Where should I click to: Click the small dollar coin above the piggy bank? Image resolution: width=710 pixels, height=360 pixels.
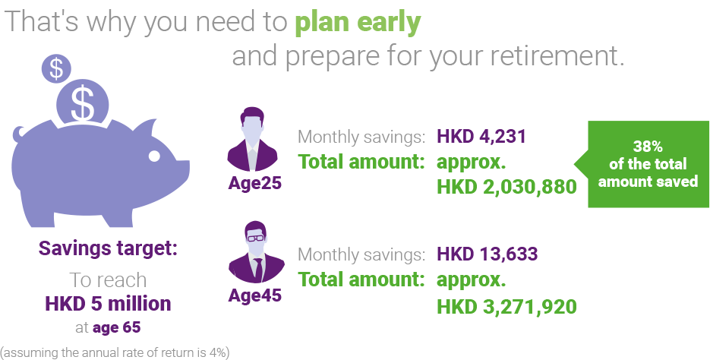click(57, 69)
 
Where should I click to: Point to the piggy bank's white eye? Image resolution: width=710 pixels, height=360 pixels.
click(154, 156)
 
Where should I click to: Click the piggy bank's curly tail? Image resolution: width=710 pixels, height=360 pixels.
click(19, 134)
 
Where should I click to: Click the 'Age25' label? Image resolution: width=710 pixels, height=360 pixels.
click(254, 183)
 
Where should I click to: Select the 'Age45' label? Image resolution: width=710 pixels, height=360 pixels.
click(254, 295)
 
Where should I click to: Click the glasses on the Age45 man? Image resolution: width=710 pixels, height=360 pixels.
click(257, 238)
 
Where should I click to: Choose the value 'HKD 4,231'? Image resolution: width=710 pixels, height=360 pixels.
click(481, 136)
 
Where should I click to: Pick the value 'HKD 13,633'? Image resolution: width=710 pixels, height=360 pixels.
click(488, 254)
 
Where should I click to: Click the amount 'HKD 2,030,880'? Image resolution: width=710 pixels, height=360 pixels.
click(506, 187)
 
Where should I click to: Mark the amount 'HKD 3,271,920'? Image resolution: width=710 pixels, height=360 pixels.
click(506, 306)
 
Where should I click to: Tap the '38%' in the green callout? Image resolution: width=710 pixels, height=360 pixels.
click(648, 147)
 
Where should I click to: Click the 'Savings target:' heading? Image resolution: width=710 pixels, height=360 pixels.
click(108, 248)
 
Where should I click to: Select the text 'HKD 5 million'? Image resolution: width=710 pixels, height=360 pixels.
click(108, 304)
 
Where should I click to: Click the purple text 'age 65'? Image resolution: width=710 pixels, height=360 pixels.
click(116, 327)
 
